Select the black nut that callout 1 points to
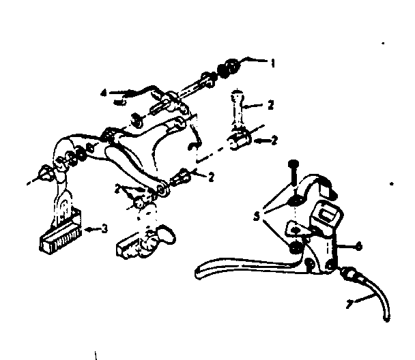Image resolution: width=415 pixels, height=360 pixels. pyautogui.click(x=229, y=67)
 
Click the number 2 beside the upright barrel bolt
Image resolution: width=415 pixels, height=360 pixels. pyautogui.click(x=270, y=105)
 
